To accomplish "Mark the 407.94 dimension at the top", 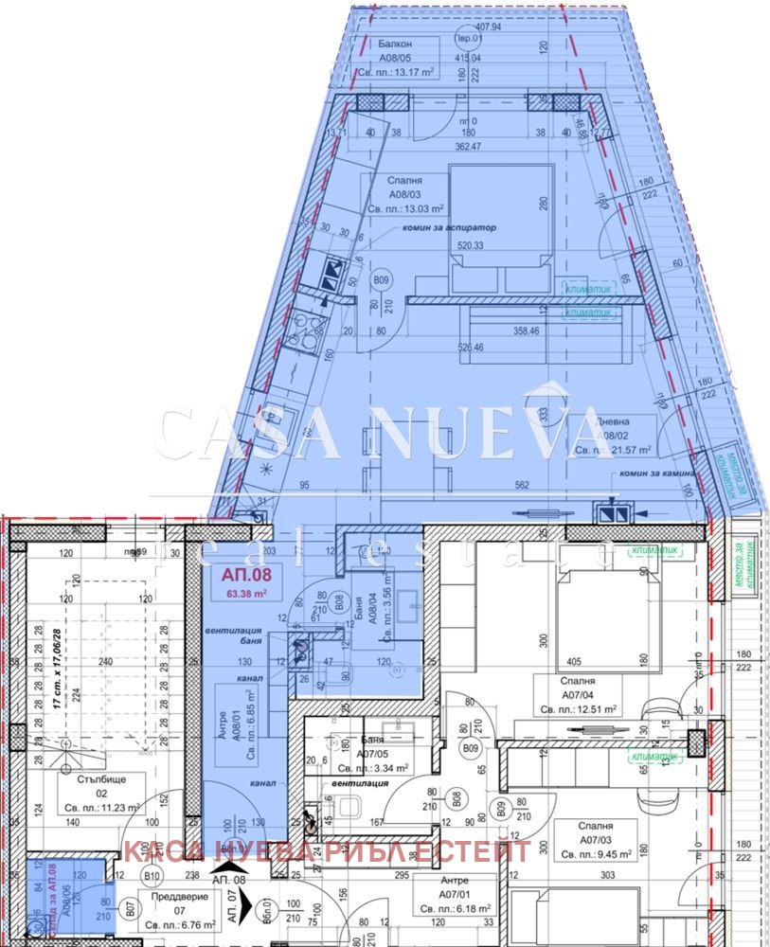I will pyautogui.click(x=486, y=27).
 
